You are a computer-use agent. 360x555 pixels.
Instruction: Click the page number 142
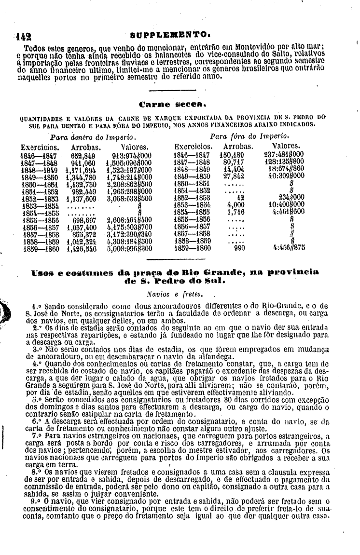coord(23,36)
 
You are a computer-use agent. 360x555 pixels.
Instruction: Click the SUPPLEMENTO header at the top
coord(169,35)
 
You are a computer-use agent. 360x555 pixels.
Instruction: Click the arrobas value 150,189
coord(234,155)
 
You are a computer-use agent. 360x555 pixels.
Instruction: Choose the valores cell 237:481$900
coord(285,155)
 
